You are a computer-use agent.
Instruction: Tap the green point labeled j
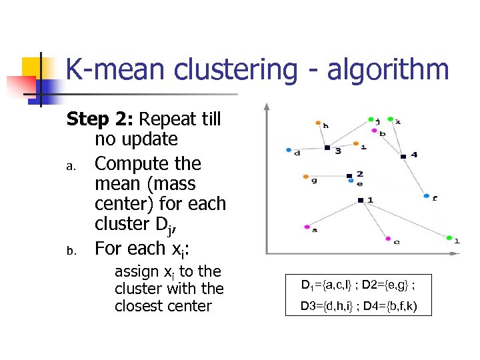click(371, 120)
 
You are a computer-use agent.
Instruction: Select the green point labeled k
click(390, 119)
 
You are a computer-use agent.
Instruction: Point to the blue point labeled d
click(289, 149)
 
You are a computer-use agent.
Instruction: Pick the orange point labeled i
click(355, 143)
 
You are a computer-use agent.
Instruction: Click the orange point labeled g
click(305, 177)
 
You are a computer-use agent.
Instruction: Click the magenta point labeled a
click(306, 227)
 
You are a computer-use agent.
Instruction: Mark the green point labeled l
click(449, 237)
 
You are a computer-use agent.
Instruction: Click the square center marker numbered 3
click(327, 147)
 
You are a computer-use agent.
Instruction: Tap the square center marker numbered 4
click(403, 157)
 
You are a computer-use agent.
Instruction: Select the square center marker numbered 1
click(359, 200)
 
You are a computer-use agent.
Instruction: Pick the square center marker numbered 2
click(349, 176)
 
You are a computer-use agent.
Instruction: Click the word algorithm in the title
click(388, 70)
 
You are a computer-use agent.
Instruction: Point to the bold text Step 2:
click(101, 119)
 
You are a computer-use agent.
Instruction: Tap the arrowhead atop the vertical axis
click(266, 107)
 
